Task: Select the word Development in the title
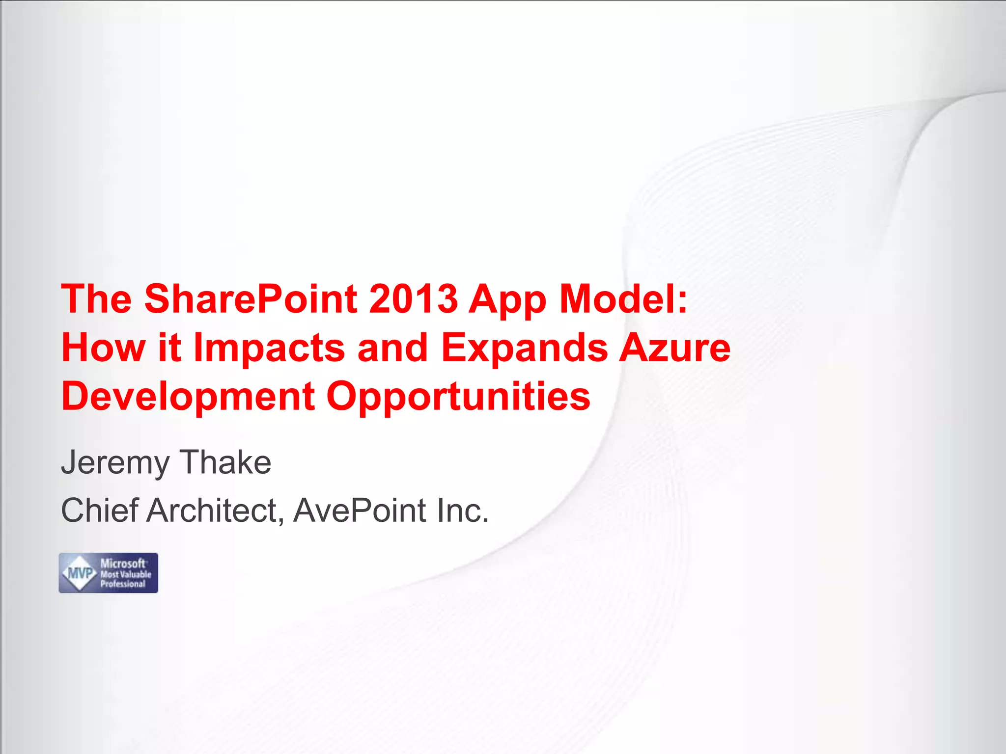tap(188, 397)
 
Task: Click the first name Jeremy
tap(115, 463)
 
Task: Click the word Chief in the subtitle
tap(99, 510)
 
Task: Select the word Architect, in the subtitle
tap(215, 511)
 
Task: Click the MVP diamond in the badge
tap(80, 573)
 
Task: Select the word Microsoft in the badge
tap(123, 564)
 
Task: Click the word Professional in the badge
tap(123, 584)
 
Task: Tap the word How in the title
tap(103, 348)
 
